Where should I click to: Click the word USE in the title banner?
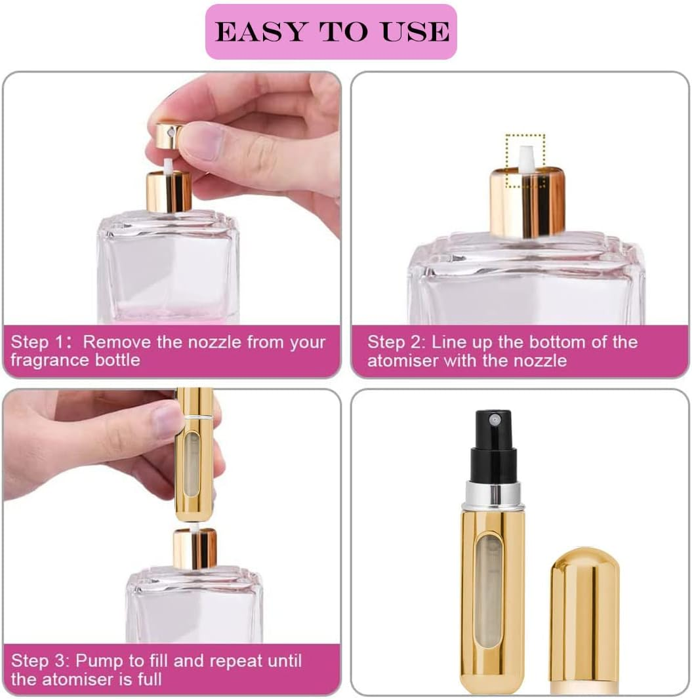[417, 32]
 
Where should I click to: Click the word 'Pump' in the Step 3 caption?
[102, 660]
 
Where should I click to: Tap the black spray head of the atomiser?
[493, 446]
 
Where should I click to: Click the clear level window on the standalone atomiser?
[490, 590]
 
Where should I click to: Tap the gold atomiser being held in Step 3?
[195, 452]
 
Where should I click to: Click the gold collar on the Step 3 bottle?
[195, 549]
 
